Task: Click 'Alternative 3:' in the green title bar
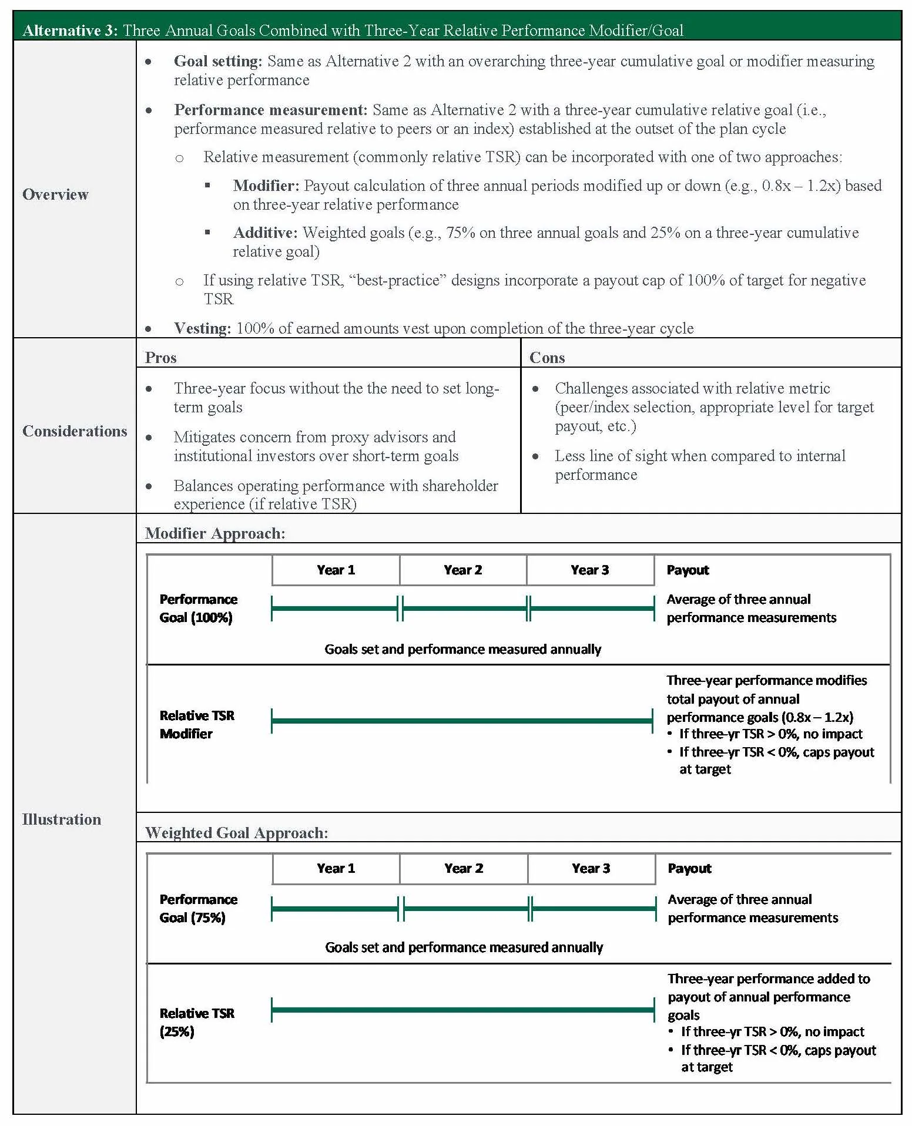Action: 70,31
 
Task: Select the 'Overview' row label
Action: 55,194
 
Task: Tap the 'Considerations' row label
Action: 75,431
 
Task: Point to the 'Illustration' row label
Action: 62,819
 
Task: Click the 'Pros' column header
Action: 160,358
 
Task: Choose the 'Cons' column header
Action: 547,358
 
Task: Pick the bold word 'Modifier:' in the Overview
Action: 266,186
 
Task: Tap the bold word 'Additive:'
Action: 266,233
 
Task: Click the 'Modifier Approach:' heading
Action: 215,533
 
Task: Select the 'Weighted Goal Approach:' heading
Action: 236,832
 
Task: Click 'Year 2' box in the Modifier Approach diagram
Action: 463,570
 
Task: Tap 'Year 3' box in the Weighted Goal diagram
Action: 591,868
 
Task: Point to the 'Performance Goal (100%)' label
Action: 198,608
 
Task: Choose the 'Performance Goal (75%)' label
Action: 198,908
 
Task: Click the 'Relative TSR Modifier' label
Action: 197,724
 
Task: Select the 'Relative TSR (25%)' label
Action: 197,1022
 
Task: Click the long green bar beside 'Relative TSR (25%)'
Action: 463,1010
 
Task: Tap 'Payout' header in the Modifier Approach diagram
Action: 688,570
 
